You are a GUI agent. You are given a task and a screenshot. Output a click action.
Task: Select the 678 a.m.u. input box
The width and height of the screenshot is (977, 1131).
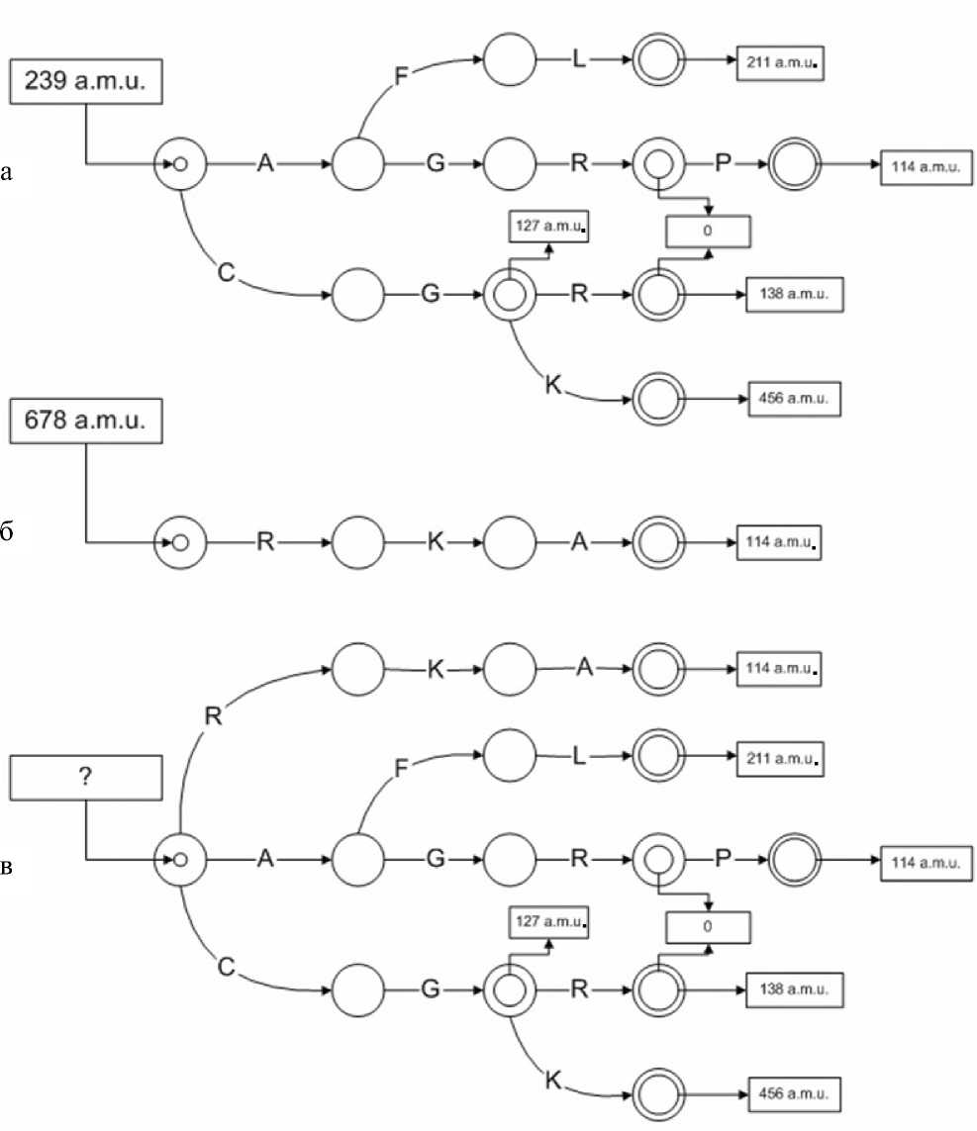85,421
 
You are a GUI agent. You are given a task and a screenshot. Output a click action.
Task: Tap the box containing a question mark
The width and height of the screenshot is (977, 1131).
85,777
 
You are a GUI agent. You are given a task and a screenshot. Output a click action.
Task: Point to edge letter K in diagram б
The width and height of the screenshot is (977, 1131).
434,542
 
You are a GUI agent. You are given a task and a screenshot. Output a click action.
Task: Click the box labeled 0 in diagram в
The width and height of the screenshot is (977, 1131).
708,927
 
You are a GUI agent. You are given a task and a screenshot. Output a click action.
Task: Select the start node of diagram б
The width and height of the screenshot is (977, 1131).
179,542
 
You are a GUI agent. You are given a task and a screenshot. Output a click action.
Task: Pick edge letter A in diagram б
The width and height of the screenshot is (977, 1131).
582,542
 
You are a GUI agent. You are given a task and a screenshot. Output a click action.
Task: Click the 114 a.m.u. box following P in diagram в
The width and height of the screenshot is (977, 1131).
921,861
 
